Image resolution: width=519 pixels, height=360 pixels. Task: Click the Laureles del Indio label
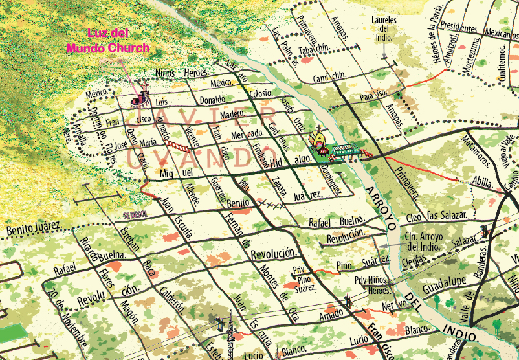pos(385,29)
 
